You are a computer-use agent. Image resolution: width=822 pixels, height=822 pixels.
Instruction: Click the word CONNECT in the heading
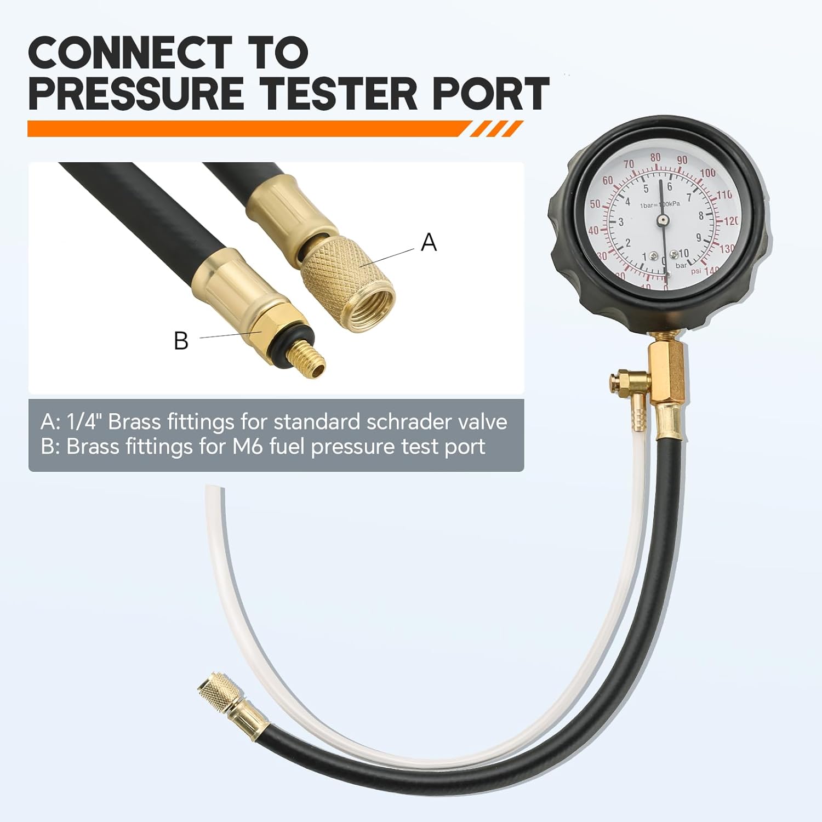coord(130,53)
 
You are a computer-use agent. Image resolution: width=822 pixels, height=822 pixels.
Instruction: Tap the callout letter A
coord(429,242)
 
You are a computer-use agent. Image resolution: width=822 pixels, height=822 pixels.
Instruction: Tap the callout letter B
coord(181,340)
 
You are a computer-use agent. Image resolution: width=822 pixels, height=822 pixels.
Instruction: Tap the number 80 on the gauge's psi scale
coord(655,158)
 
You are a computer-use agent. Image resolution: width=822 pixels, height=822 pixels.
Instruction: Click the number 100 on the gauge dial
coord(707,173)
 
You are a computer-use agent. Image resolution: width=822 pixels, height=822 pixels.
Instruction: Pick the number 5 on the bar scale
coord(646,189)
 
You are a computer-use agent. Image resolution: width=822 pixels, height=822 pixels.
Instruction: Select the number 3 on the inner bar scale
coord(621,222)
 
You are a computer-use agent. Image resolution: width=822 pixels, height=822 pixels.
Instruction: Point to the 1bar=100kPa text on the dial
coord(660,204)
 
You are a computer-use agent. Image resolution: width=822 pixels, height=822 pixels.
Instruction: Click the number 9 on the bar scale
coord(699,237)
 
